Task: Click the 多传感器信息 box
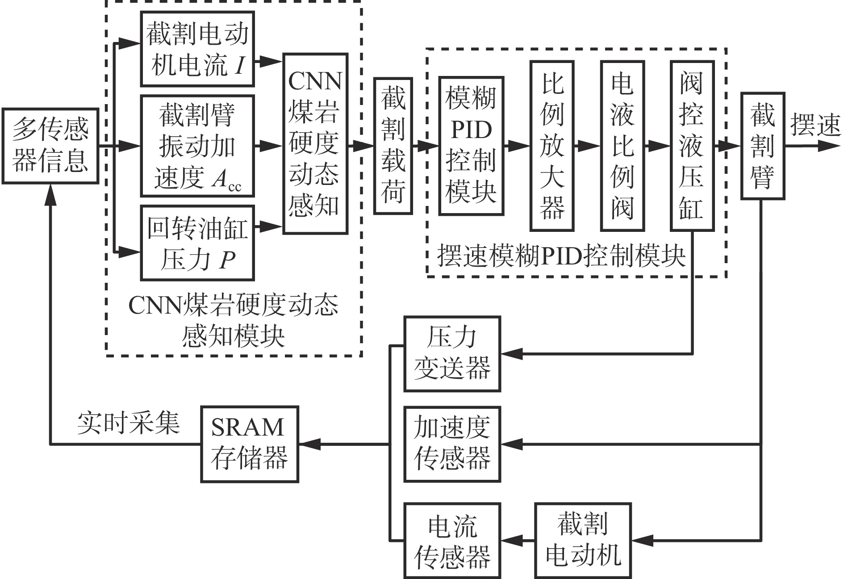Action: [x=50, y=146]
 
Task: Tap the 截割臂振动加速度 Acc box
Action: [x=197, y=146]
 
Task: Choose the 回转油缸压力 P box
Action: [x=197, y=243]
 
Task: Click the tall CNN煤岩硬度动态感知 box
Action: [x=315, y=143]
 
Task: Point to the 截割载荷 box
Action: [x=393, y=146]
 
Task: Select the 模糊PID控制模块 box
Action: [x=471, y=146]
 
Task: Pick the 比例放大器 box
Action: [x=552, y=146]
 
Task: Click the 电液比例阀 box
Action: [x=623, y=146]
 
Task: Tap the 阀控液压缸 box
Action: [x=692, y=146]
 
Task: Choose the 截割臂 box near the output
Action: [x=763, y=146]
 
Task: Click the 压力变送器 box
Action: [x=452, y=354]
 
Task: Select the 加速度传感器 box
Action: [x=452, y=444]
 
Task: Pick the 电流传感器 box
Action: [x=452, y=540]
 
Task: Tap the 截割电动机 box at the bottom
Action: [x=583, y=540]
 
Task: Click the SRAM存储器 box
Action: [x=249, y=444]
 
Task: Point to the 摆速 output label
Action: [x=815, y=124]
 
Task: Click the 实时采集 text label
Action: [x=129, y=423]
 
